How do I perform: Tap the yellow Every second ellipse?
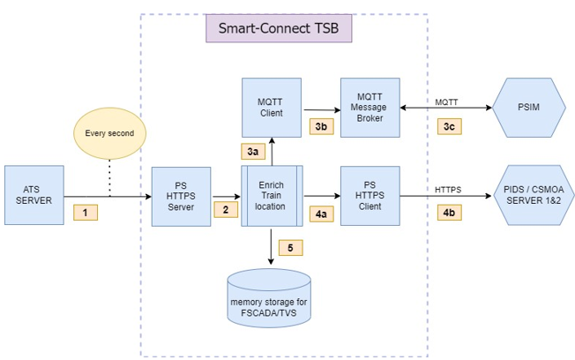109,135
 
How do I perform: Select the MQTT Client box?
272,106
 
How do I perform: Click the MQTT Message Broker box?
370,106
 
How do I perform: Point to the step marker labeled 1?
86,212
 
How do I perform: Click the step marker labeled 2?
225,210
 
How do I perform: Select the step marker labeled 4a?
321,213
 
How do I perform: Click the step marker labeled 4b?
450,213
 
